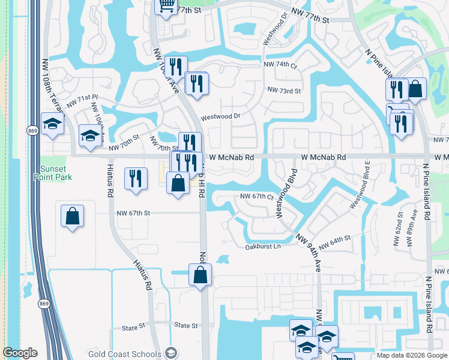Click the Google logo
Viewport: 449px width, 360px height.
pyautogui.click(x=20, y=353)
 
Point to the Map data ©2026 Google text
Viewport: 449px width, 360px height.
pyautogui.click(x=412, y=356)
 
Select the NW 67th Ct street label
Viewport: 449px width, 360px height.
pyautogui.click(x=257, y=197)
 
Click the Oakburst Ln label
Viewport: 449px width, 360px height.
pyautogui.click(x=263, y=247)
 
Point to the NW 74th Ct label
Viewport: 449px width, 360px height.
pyautogui.click(x=280, y=65)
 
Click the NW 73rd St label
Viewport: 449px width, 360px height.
pyautogui.click(x=284, y=91)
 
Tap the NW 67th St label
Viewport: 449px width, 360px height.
pyautogui.click(x=133, y=213)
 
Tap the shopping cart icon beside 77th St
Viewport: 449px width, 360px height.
pyautogui.click(x=165, y=6)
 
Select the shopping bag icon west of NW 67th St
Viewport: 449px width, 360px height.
pyautogui.click(x=72, y=217)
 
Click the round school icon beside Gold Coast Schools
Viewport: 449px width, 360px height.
pyautogui.click(x=172, y=353)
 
